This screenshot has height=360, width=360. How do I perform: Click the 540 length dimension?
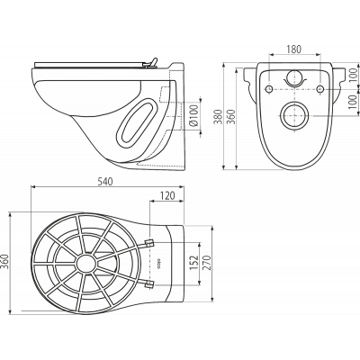coord(105,182)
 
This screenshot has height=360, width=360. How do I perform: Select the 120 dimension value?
coord(166,195)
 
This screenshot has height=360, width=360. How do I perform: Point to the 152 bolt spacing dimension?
coord(194,263)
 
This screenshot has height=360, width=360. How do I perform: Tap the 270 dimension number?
coord(207,263)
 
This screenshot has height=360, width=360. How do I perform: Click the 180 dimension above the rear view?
coord(293,49)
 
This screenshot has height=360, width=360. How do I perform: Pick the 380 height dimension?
coord(220,117)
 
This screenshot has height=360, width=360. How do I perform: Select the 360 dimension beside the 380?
coord(231,117)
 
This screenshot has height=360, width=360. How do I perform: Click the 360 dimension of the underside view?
coord(6,262)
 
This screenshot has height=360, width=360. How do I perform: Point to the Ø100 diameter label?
coord(194,116)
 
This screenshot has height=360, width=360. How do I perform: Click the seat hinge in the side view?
coord(150,63)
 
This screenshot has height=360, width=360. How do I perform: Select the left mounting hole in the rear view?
coord(269,89)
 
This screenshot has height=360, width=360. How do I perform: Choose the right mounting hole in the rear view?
coord(320,89)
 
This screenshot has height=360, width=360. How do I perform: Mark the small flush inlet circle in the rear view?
coord(294,77)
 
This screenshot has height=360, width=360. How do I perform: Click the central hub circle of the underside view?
coord(86,264)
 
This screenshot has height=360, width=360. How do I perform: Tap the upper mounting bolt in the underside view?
coord(149,243)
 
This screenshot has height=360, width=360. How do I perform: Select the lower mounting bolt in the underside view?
coord(149,284)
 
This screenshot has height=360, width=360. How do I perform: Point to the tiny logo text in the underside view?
coord(159,263)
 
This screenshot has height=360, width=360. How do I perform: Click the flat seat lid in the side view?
coord(88,65)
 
